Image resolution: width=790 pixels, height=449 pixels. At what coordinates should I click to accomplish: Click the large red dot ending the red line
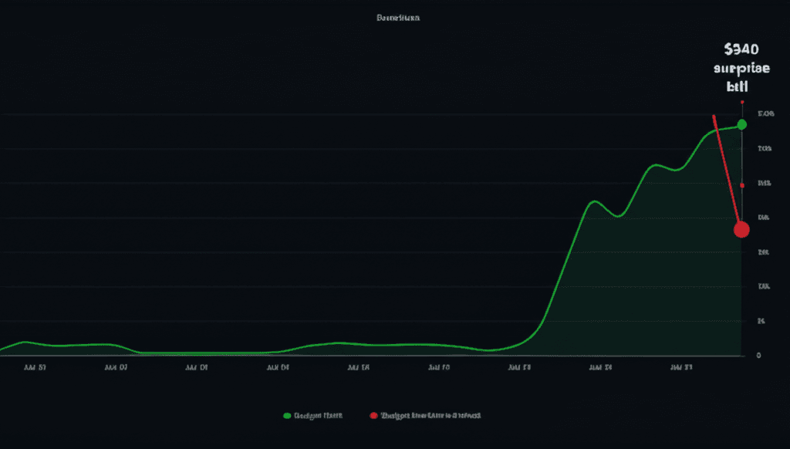(x=741, y=229)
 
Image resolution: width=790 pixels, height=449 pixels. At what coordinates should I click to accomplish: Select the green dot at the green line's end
(x=741, y=124)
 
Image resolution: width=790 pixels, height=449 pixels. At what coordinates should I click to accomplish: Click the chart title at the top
(x=398, y=17)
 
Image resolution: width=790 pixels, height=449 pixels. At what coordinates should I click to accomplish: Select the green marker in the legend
(x=287, y=416)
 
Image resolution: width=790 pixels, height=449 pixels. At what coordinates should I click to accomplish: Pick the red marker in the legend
(x=374, y=416)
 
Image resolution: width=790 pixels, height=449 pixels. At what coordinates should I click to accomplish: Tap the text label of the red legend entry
(x=430, y=416)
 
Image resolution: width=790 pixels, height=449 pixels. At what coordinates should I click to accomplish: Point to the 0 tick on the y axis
(x=759, y=356)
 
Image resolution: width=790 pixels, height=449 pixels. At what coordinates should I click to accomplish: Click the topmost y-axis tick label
(x=765, y=114)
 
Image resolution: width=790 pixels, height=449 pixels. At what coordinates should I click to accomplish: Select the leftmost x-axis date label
(x=35, y=369)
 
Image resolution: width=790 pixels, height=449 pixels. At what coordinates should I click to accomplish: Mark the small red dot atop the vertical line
(x=741, y=102)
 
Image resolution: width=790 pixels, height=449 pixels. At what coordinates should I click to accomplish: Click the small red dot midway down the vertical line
(x=741, y=185)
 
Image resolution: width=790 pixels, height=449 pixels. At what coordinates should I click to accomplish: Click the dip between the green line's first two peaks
(x=617, y=217)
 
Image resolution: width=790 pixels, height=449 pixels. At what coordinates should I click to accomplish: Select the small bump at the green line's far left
(x=24, y=342)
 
